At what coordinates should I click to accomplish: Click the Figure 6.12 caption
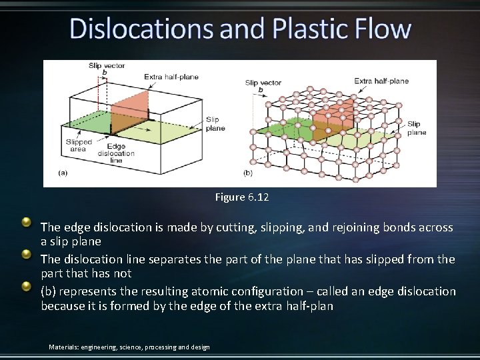point(241,197)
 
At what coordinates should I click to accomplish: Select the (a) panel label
point(63,173)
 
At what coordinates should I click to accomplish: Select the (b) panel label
point(248,173)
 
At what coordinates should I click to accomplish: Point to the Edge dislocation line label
point(115,153)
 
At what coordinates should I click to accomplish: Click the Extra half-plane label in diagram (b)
point(381,81)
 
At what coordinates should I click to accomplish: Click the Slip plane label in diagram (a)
point(215,123)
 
